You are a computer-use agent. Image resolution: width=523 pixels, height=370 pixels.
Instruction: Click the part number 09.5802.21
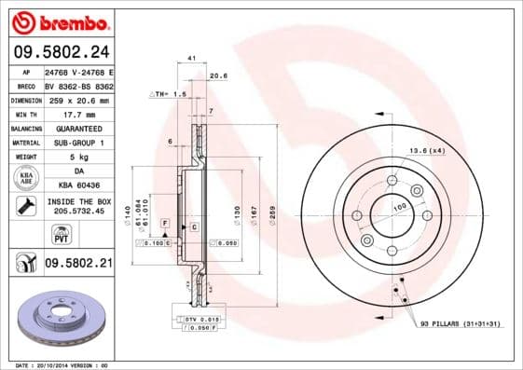[x=78, y=266]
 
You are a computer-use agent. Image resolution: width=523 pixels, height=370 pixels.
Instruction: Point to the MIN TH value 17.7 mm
[x=78, y=114]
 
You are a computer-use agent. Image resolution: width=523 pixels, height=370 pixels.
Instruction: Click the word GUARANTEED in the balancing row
[x=78, y=128]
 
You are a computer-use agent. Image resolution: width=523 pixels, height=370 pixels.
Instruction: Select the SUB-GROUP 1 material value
[x=78, y=143]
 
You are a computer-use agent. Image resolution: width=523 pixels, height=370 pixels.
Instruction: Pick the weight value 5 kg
[x=78, y=157]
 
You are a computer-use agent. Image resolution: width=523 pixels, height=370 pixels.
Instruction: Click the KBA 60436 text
[x=78, y=185]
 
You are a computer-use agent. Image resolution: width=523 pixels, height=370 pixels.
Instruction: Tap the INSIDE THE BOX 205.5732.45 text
[x=78, y=206]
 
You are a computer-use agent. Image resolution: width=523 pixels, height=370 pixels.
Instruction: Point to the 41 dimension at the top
[x=191, y=58]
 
